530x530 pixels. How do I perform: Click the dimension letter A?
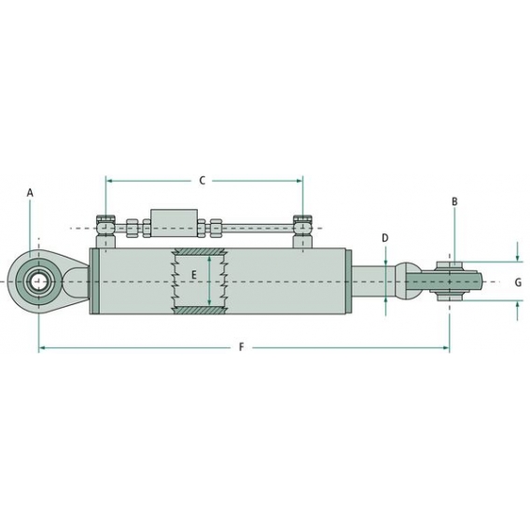click(30, 192)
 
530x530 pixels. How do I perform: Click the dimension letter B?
click(454, 202)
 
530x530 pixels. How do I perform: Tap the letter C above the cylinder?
click(202, 180)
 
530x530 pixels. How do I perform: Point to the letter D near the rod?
click(384, 239)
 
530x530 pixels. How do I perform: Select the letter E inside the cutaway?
click(194, 274)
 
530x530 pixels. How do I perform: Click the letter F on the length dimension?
click(242, 348)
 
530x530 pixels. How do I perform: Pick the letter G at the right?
click(518, 281)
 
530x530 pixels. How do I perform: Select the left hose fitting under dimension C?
click(105, 225)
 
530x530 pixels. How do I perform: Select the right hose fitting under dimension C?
click(302, 225)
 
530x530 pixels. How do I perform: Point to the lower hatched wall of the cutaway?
click(200, 309)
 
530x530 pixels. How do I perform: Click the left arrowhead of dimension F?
click(42, 348)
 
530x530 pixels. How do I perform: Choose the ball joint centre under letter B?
click(450, 280)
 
